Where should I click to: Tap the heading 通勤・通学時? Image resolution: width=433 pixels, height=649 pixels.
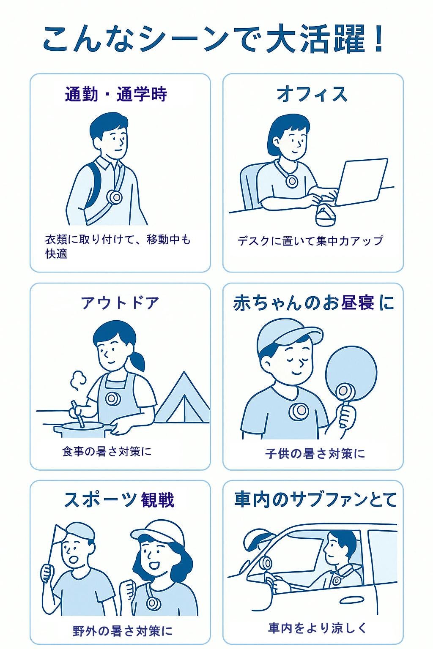click(116, 95)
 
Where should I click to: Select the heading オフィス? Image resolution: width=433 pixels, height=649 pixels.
click(312, 94)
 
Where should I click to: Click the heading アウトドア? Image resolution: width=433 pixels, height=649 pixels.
click(120, 303)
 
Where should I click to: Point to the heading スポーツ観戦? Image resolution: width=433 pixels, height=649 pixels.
click(119, 500)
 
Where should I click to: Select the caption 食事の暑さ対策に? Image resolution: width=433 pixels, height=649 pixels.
click(107, 451)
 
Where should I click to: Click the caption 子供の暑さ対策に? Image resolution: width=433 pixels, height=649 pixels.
click(315, 454)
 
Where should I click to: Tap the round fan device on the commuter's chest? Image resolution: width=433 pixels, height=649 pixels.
click(115, 197)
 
